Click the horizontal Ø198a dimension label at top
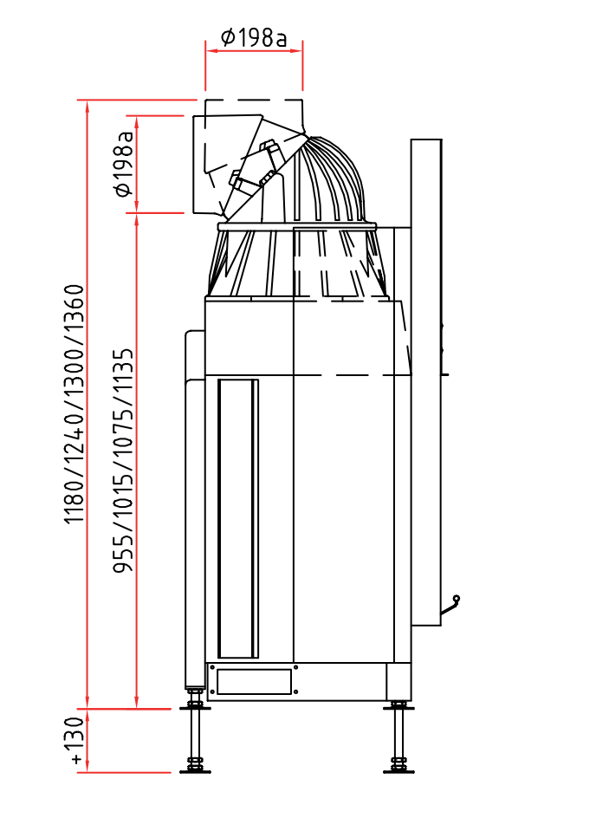coord(254,37)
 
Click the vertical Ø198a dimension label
coord(124,164)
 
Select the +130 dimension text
coord(75,741)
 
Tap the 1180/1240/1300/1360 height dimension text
coord(74,404)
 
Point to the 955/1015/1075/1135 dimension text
coord(124,461)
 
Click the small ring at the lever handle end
coord(457,599)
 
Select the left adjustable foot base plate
coord(195,771)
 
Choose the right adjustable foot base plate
coord(398,771)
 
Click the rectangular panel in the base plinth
coord(254,682)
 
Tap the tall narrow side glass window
coord(238,518)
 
